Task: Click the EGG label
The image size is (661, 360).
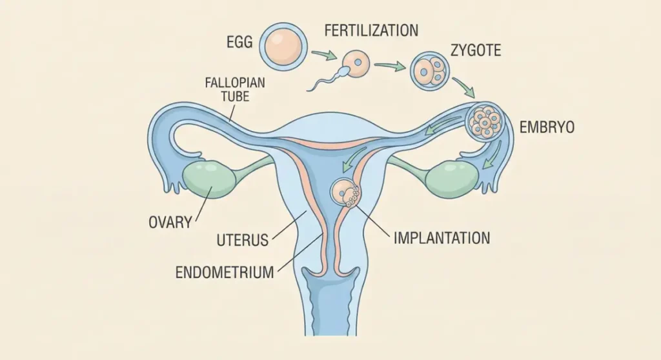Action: [239, 42]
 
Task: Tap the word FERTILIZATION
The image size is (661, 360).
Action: [371, 30]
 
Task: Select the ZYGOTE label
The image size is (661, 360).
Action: [476, 50]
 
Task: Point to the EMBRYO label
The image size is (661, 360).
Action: [547, 127]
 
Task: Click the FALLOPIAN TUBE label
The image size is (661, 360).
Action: [235, 90]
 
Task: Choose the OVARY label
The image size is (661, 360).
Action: [170, 222]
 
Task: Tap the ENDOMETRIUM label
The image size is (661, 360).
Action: [225, 272]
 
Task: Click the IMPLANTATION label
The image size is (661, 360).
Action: [442, 238]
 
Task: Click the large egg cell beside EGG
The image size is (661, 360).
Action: [283, 46]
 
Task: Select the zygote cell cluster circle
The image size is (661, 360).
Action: [430, 70]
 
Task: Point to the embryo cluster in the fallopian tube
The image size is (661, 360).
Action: [485, 122]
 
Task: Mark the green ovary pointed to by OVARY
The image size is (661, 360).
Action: [207, 178]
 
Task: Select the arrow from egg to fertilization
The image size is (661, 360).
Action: [325, 55]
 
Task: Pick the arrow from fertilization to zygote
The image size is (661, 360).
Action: [390, 66]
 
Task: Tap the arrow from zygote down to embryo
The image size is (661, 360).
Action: [464, 88]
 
